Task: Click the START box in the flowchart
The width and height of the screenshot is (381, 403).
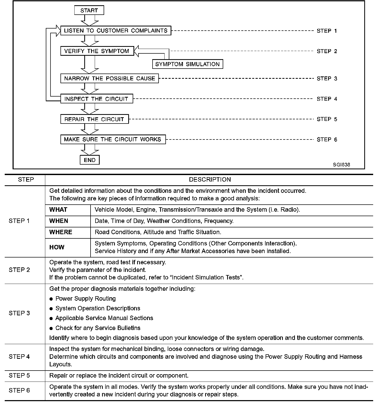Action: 89,10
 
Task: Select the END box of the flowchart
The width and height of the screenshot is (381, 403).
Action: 89,160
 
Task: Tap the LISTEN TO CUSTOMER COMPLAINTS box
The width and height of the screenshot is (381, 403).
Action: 116,31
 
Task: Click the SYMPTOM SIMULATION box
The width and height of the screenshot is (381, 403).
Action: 187,64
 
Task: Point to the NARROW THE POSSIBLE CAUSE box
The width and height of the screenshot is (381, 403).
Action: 109,79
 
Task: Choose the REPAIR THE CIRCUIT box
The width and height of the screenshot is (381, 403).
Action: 94,119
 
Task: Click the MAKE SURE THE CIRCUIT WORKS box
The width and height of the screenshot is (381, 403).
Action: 113,139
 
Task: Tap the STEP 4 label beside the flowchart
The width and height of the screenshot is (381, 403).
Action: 327,99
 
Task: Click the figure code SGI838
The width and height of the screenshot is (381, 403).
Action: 341,165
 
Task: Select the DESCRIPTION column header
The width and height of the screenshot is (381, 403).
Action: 210,180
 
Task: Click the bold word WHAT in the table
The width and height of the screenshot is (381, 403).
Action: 58,210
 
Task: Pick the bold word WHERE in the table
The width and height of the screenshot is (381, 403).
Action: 61,232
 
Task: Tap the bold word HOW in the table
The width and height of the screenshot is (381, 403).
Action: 57,247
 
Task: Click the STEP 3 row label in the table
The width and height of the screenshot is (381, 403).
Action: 19,313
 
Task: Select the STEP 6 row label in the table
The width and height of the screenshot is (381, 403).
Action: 19,390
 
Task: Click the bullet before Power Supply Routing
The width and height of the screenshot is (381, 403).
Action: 51,299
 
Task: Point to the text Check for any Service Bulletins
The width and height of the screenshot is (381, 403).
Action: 98,328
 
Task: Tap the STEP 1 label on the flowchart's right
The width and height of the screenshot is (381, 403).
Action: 327,31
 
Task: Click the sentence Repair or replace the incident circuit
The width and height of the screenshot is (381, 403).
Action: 119,376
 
